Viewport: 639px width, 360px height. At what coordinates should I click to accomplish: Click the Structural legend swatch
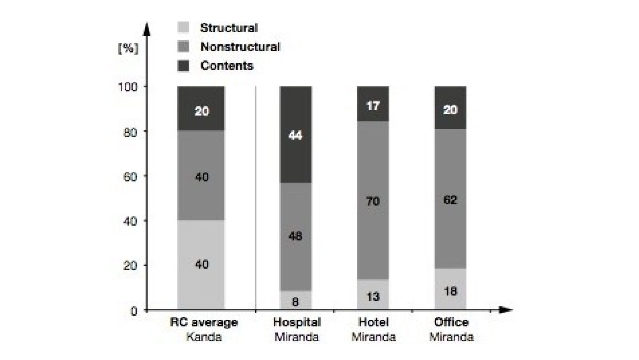pyautogui.click(x=183, y=27)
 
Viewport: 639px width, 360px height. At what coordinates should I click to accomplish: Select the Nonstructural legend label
pyautogui.click(x=240, y=47)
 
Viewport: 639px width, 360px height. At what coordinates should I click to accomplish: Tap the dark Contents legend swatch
pyautogui.click(x=183, y=66)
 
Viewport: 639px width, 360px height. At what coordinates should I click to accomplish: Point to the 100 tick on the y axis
pyautogui.click(x=128, y=87)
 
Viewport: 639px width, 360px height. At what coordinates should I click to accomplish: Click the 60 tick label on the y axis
pyautogui.click(x=130, y=177)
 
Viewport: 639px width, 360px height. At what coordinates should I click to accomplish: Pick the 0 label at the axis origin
pyautogui.click(x=134, y=311)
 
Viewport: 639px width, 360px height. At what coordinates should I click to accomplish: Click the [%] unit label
pyautogui.click(x=128, y=49)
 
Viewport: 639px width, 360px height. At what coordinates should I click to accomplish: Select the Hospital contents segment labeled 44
pyautogui.click(x=296, y=135)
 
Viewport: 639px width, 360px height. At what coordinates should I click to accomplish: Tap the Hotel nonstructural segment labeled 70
pyautogui.click(x=373, y=201)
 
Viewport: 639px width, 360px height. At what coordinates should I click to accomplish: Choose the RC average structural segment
pyautogui.click(x=201, y=265)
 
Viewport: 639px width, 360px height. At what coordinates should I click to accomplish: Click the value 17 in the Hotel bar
pyautogui.click(x=373, y=106)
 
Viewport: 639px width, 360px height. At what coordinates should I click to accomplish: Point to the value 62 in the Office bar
pyautogui.click(x=450, y=200)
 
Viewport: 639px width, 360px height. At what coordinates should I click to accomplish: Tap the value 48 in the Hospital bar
pyautogui.click(x=296, y=236)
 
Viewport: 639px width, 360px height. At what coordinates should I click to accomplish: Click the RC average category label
pyautogui.click(x=204, y=322)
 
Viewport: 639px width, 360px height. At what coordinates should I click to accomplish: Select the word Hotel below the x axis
pyautogui.click(x=373, y=322)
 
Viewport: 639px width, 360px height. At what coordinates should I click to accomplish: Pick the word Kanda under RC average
pyautogui.click(x=204, y=337)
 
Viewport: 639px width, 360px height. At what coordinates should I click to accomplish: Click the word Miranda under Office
pyautogui.click(x=451, y=337)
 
